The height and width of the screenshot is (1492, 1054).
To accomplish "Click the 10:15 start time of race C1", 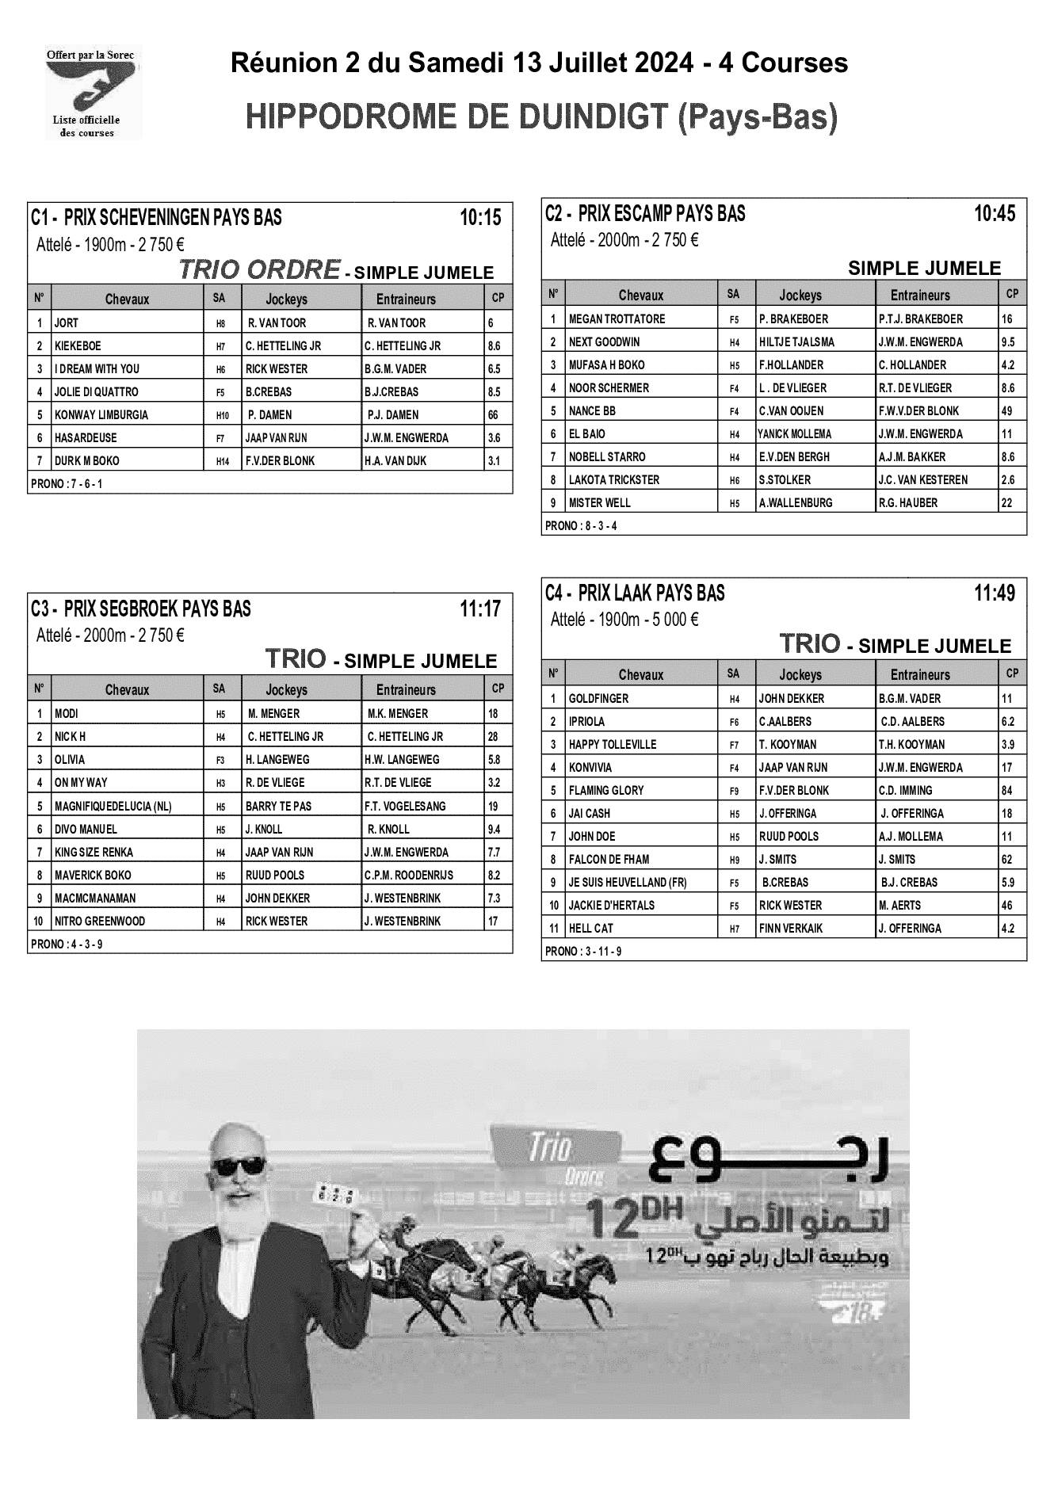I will tap(480, 217).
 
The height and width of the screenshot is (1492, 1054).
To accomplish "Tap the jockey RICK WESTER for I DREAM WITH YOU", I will tap(277, 368).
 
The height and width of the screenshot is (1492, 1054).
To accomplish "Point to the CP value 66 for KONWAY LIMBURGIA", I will tap(493, 414).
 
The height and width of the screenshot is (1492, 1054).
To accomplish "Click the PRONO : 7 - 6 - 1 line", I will tap(67, 483).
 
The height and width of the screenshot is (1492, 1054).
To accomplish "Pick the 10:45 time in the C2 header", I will tap(994, 213).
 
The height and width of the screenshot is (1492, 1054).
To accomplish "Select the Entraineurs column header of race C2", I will tap(919, 295).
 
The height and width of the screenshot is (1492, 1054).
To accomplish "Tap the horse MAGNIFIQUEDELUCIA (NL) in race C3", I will tap(113, 806).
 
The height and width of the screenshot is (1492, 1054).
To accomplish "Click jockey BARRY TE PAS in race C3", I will tap(278, 806).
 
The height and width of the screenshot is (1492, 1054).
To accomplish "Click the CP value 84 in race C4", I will tap(1007, 790).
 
